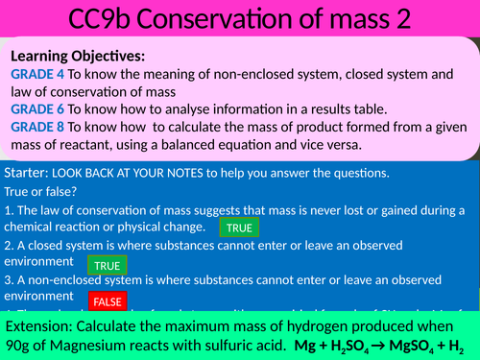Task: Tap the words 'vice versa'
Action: [326, 146]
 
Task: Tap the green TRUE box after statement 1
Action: [237, 228]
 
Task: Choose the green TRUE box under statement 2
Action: [107, 266]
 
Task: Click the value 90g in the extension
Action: [21, 345]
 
